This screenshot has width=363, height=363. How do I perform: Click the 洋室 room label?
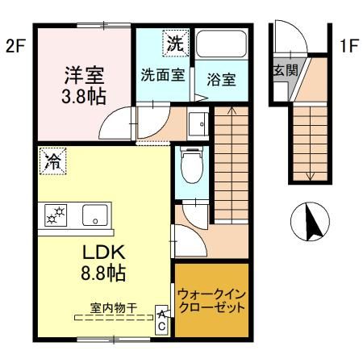[83, 77]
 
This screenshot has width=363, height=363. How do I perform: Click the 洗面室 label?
[164, 76]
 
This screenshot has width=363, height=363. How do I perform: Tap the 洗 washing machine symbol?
[174, 44]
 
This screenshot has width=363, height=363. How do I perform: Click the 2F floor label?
[16, 45]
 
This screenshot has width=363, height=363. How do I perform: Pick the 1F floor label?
[348, 45]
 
